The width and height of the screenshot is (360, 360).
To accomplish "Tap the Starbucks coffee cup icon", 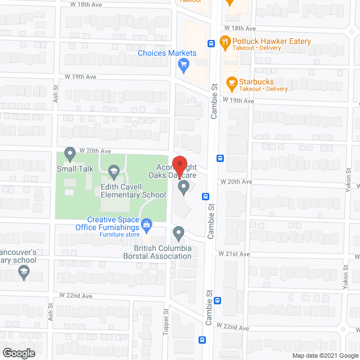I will pos(231,83).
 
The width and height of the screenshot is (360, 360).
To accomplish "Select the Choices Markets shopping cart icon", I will pos(183,65).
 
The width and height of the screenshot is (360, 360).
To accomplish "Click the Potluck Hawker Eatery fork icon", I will pos(225,41).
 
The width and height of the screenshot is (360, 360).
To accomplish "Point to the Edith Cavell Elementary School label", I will pos(133,191).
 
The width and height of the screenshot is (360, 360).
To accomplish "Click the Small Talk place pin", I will pos(70,152).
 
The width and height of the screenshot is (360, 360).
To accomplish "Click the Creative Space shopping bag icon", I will pos(147,226).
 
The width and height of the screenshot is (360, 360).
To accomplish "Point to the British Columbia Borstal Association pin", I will pos(179,232).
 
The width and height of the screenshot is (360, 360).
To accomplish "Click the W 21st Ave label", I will pos(236,254).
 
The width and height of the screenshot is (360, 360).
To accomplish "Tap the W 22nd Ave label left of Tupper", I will pos(76,296).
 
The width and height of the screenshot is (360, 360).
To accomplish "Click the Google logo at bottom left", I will pos(18,353).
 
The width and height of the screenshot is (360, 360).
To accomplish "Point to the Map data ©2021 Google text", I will pos(325,355).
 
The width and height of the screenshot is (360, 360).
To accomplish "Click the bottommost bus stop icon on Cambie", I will pos(202,339).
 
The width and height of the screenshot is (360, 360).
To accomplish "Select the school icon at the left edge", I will pos(24,273).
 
